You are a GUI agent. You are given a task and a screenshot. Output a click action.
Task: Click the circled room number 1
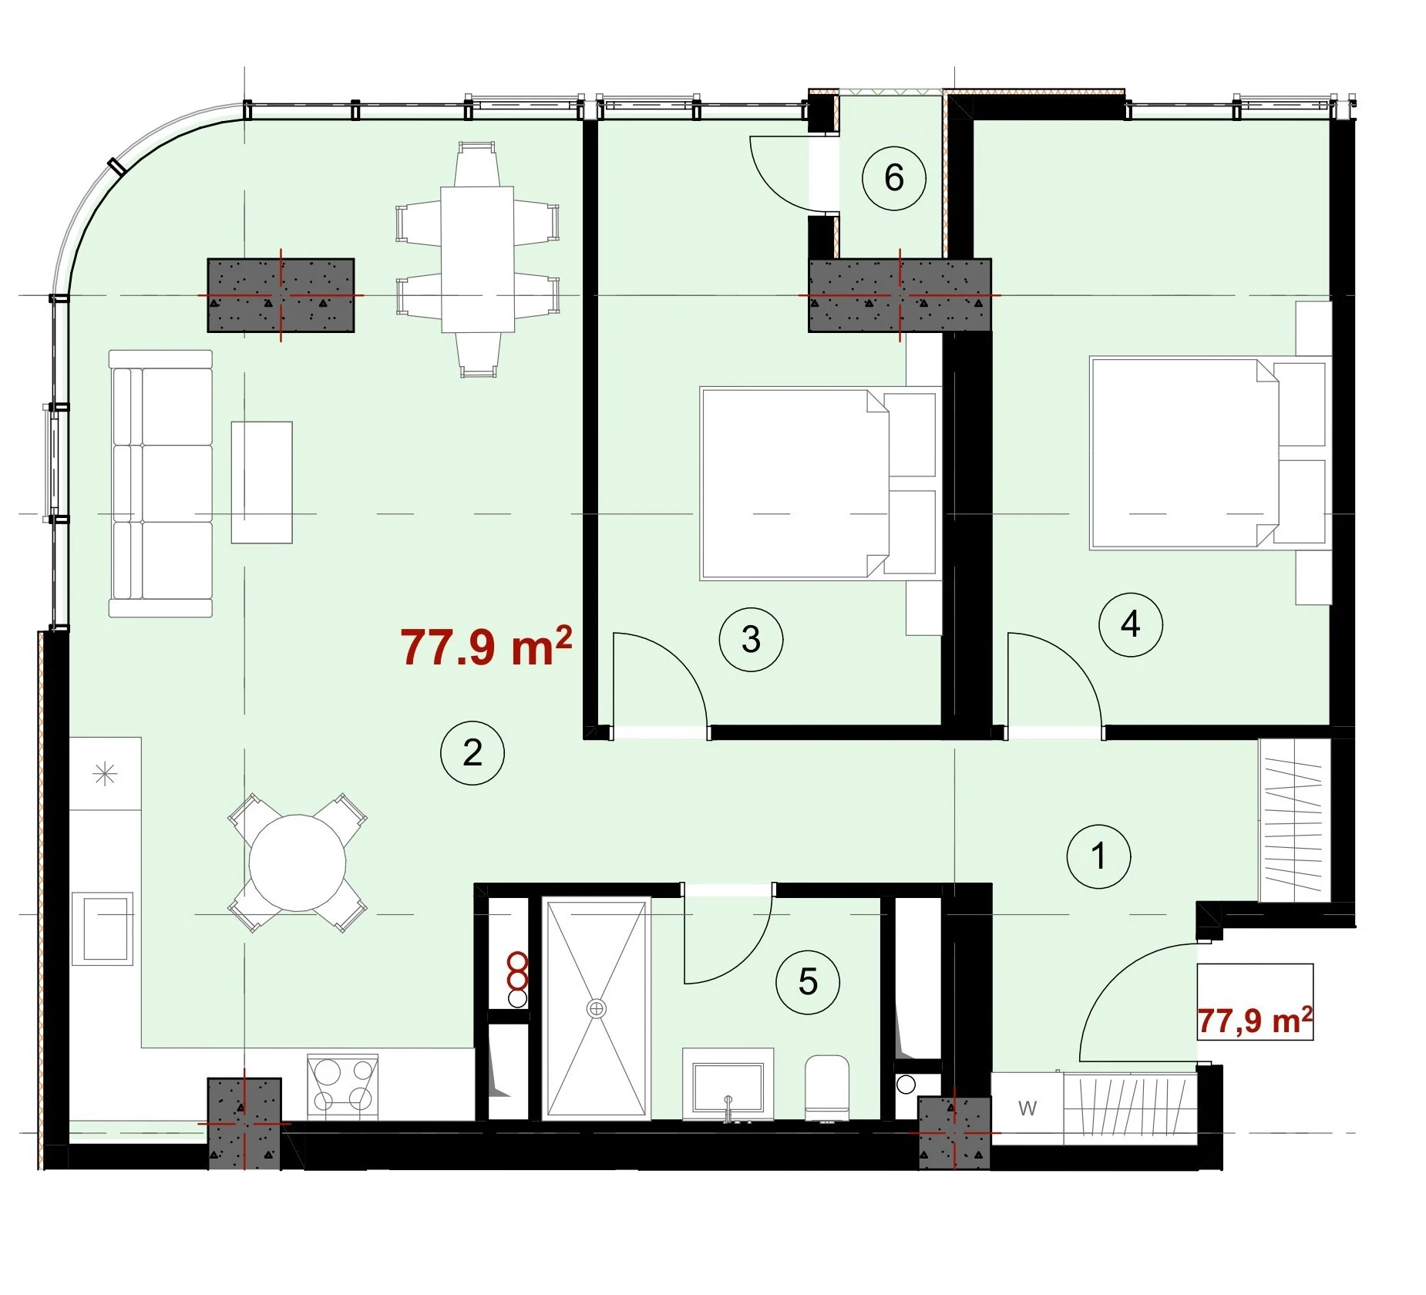pos(1098,856)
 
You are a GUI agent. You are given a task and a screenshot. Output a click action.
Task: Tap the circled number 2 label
pos(472,752)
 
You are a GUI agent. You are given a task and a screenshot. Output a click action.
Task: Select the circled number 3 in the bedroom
pos(751,639)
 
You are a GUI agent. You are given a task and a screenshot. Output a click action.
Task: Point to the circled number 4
pos(1130,624)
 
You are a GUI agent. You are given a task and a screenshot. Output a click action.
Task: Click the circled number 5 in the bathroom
pos(808,981)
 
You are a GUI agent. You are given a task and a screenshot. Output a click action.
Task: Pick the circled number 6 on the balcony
pos(893,178)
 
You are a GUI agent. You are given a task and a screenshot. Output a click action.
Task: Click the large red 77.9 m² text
pos(486,646)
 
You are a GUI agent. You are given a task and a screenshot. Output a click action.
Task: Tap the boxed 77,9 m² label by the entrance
pos(1255,1021)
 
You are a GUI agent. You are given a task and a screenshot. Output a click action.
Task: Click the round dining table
pos(298,863)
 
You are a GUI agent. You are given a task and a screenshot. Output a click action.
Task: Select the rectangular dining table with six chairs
pos(477,260)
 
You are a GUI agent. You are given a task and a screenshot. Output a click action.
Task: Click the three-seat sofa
pos(160,483)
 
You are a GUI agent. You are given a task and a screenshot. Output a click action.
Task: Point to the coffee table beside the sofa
pos(262,482)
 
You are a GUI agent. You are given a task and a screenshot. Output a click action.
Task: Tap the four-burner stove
pos(342,1087)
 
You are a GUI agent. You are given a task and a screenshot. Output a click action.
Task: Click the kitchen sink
pos(103,929)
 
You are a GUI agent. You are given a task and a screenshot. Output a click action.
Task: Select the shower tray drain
pos(596,1007)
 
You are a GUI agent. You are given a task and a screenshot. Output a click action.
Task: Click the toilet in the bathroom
pos(827,1088)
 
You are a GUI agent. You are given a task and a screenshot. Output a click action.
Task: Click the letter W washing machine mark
pos(1027,1108)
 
